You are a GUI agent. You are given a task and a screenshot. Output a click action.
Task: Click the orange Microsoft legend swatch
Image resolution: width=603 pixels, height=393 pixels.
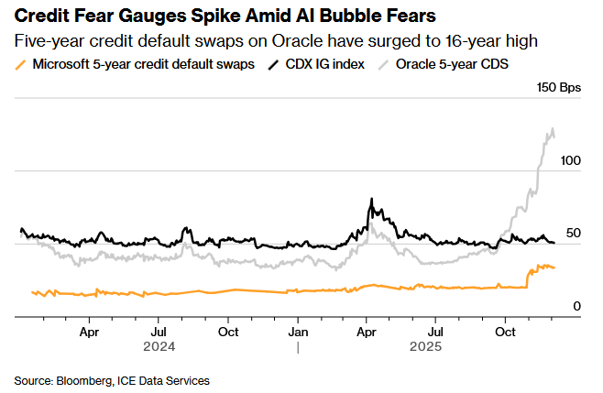pyautogui.click(x=21, y=65)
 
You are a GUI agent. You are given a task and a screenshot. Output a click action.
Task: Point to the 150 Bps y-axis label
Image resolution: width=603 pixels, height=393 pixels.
pyautogui.click(x=559, y=88)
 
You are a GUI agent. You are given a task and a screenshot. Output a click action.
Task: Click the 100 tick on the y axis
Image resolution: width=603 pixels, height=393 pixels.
pyautogui.click(x=571, y=160)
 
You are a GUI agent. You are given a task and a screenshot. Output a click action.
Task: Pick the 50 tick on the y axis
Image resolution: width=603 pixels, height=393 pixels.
pyautogui.click(x=575, y=233)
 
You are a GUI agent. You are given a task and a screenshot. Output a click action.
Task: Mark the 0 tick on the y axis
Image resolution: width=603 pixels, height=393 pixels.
pyautogui.click(x=577, y=305)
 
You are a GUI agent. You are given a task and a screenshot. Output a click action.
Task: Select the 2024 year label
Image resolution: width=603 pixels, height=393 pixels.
pyautogui.click(x=159, y=347)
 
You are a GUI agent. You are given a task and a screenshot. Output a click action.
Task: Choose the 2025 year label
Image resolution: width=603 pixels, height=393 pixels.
pyautogui.click(x=425, y=347)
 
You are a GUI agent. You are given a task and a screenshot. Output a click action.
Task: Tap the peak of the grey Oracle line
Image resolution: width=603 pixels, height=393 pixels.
pyautogui.click(x=551, y=129)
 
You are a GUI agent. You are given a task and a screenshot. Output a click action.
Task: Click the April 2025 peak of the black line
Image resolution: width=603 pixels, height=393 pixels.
pyautogui.click(x=371, y=199)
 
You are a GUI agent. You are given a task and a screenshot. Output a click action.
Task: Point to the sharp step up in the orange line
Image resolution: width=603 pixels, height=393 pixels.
pyautogui.click(x=528, y=278)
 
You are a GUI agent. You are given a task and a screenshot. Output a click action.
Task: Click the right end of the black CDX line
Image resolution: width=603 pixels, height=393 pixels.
pyautogui.click(x=554, y=243)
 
